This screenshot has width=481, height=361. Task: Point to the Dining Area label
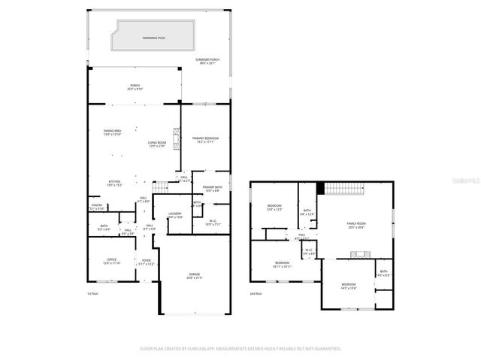(x=113, y=133)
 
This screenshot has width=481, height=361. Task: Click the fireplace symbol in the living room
(x=177, y=139)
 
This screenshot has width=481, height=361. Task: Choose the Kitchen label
(x=113, y=183)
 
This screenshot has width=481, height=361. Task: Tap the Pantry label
(x=97, y=206)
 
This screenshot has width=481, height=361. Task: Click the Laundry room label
(x=175, y=215)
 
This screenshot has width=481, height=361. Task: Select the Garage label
(x=194, y=277)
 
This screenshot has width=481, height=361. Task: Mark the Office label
(x=101, y=262)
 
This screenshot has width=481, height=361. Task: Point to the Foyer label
(x=146, y=263)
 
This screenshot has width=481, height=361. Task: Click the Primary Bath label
(x=212, y=189)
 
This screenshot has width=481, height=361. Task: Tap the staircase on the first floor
(x=159, y=187)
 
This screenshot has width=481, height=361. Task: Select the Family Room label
(x=355, y=225)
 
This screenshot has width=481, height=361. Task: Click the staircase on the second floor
(x=348, y=189)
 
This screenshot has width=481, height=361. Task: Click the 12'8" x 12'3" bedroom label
(x=274, y=208)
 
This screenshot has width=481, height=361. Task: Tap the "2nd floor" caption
(x=257, y=294)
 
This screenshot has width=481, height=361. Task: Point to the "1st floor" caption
(x=92, y=294)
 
